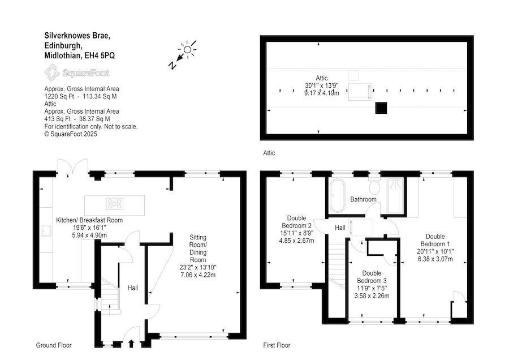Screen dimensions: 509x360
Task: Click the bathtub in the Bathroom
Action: [x=338, y=196]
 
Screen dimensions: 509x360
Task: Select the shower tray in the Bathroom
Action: [x=395, y=196]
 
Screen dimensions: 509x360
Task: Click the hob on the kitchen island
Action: [x=115, y=204]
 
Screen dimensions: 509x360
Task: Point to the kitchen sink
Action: [x=45, y=231]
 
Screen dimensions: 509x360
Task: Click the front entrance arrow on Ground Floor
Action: [x=131, y=344]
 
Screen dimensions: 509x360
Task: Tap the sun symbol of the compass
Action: [x=187, y=49]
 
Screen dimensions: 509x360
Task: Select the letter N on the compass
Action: [x=172, y=65]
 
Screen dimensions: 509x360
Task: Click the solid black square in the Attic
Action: [x=381, y=108]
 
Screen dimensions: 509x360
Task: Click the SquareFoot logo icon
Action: [x=51, y=72]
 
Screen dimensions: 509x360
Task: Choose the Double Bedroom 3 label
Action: [x=372, y=277]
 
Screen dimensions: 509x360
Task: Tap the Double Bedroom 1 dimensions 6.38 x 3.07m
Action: [x=435, y=259]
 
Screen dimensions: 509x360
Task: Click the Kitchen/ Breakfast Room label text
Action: [x=89, y=220]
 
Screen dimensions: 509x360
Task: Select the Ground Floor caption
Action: [x=54, y=345]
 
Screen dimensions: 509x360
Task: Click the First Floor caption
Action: [x=277, y=345]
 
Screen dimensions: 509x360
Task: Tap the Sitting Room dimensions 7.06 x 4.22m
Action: [x=198, y=275]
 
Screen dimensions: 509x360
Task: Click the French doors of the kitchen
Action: [x=73, y=168]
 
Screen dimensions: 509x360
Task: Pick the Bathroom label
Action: [x=363, y=199]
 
